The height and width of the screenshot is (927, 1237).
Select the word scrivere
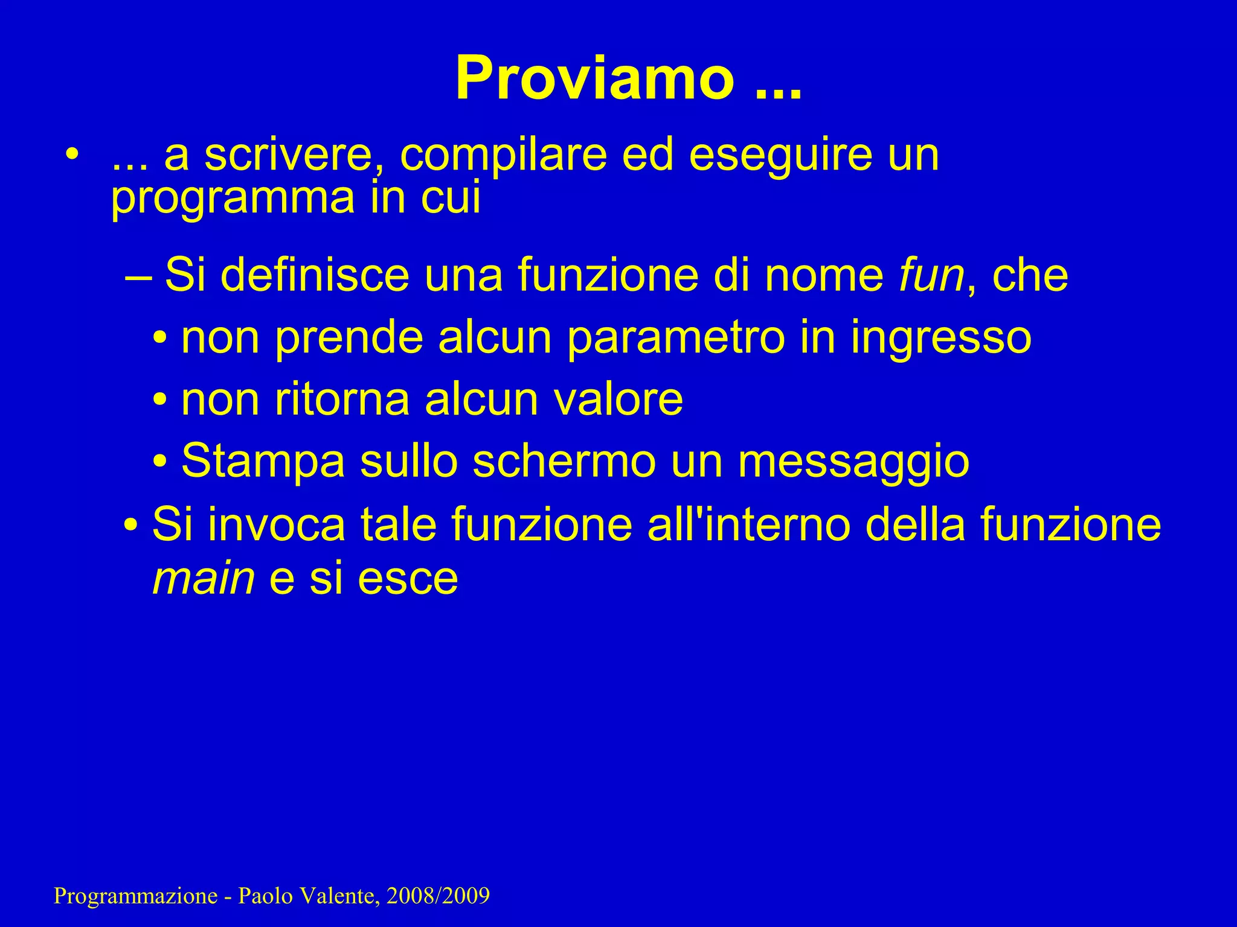pos(301,155)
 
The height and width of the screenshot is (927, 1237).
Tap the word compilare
pos(503,155)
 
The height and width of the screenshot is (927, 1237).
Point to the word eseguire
pos(780,155)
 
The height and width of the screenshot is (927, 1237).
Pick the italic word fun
pos(931,275)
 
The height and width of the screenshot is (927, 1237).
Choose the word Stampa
pos(263,462)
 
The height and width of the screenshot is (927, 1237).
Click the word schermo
pos(564,461)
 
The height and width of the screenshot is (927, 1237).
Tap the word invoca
pos(277,524)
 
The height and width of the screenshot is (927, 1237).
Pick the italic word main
pos(204,578)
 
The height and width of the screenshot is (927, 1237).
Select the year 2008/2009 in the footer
pos(438,896)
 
